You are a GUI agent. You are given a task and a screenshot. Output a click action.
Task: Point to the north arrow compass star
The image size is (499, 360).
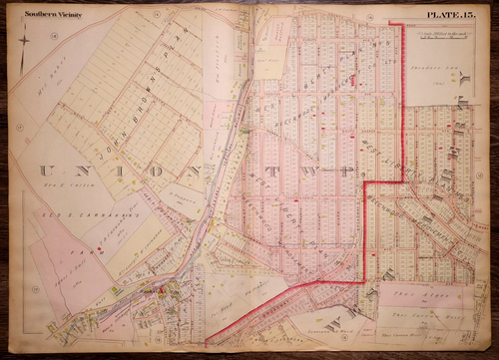tap(23, 41)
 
